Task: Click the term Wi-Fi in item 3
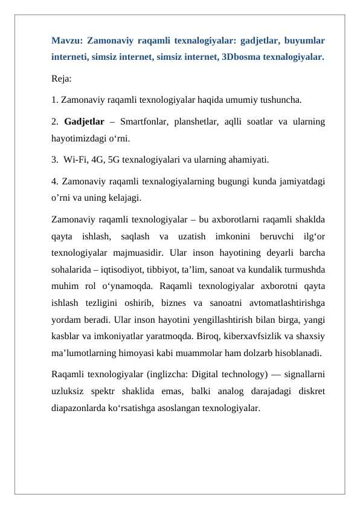point(74,160)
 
